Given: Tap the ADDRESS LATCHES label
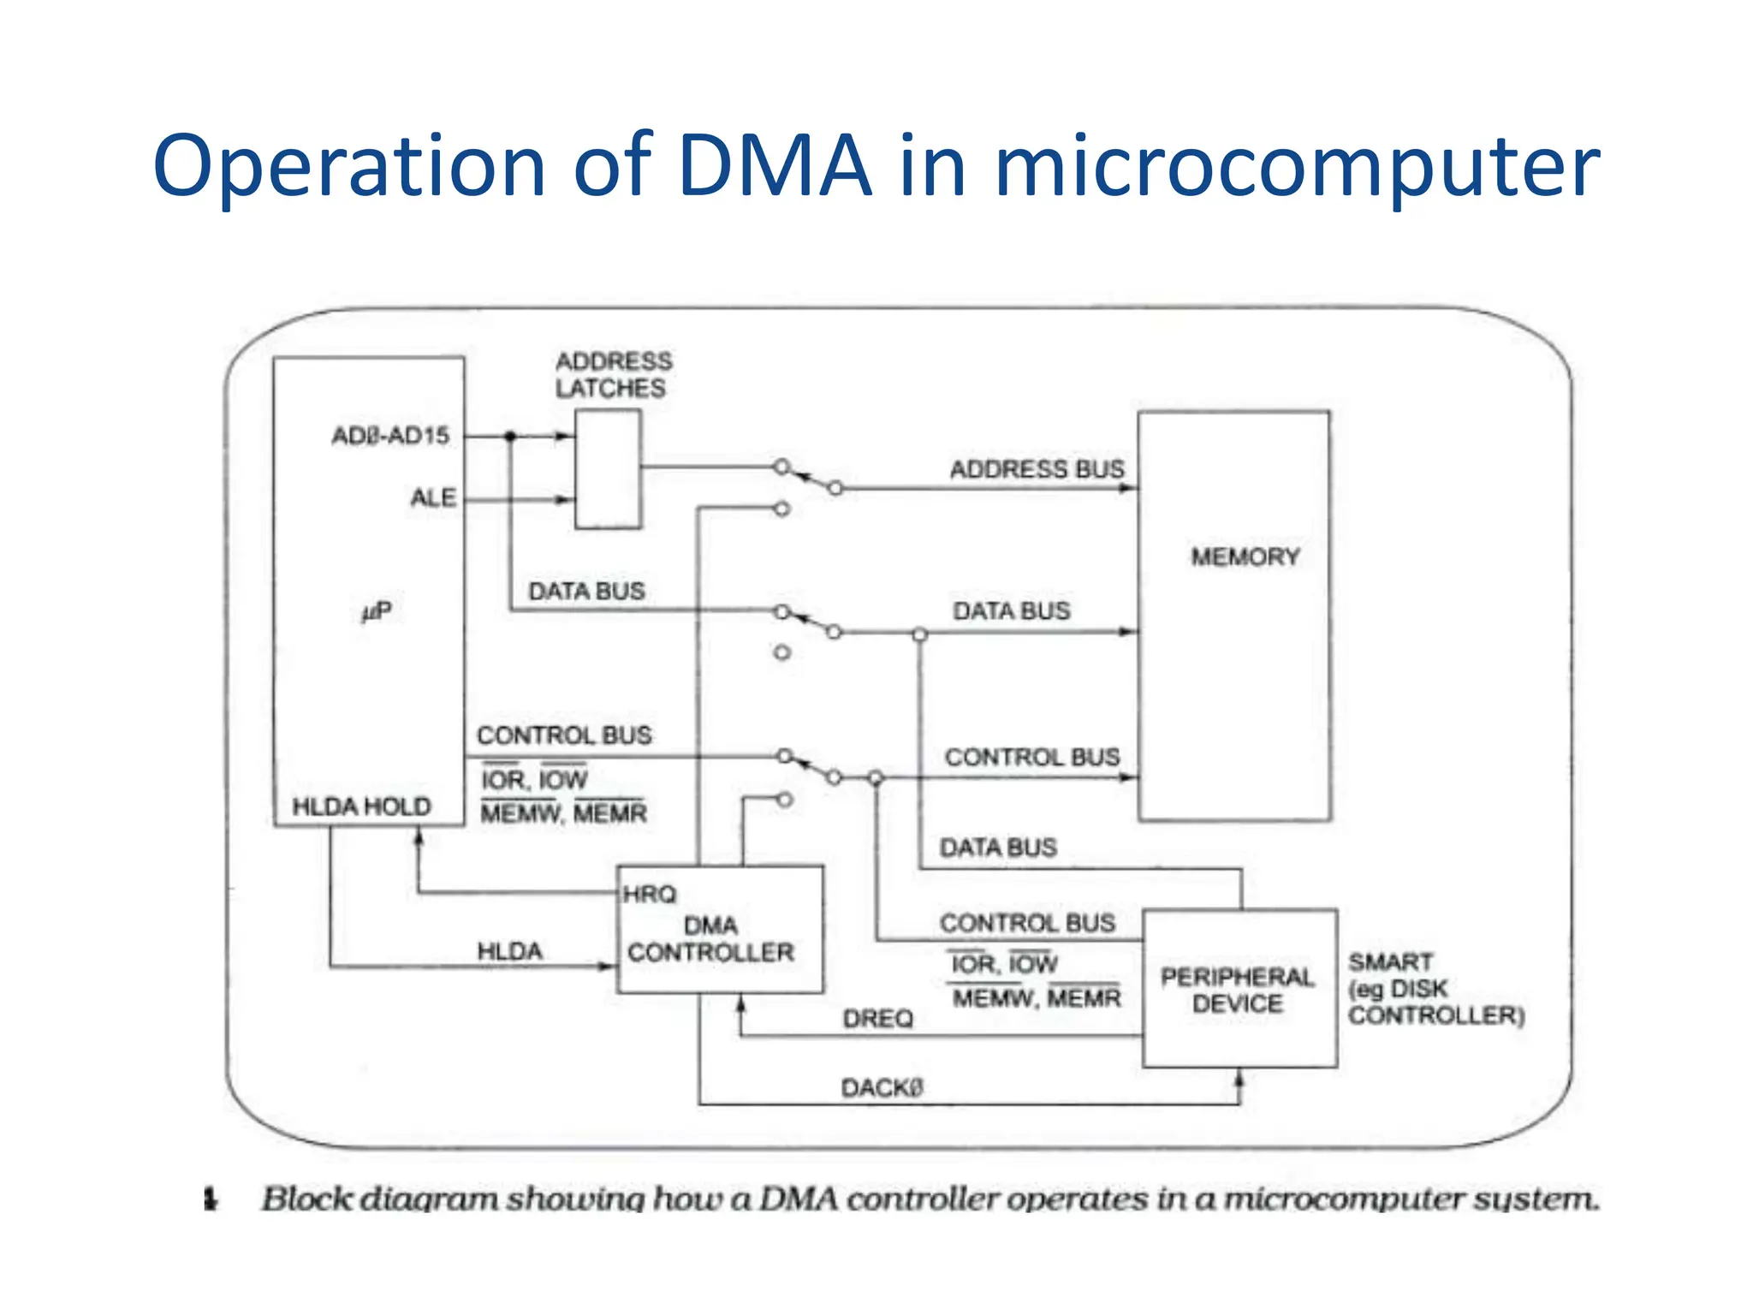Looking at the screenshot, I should click(613, 375).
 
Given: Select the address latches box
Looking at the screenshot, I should click(608, 469).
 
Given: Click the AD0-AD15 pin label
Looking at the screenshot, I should click(390, 436).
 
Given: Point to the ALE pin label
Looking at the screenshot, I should click(433, 497).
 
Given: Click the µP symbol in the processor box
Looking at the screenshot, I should click(376, 611).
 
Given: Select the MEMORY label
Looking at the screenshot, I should click(1245, 557).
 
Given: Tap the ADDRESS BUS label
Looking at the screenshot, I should click(1037, 469).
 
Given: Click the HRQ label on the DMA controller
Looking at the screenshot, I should click(650, 895).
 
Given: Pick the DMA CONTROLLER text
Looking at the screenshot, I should click(710, 940).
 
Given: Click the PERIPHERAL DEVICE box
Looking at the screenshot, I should click(1239, 990).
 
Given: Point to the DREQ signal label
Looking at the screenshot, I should click(877, 1019).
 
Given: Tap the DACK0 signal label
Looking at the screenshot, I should click(882, 1088).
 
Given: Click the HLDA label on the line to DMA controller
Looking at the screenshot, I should click(509, 951).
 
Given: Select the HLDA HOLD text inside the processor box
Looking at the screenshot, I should click(361, 806).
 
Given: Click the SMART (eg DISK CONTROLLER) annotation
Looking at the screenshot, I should click(1435, 989).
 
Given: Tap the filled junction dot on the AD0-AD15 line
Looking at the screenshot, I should click(510, 437).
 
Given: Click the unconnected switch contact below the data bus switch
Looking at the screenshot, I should click(781, 652).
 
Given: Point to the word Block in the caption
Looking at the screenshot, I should click(306, 1199).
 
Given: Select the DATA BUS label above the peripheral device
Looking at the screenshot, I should click(998, 848).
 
